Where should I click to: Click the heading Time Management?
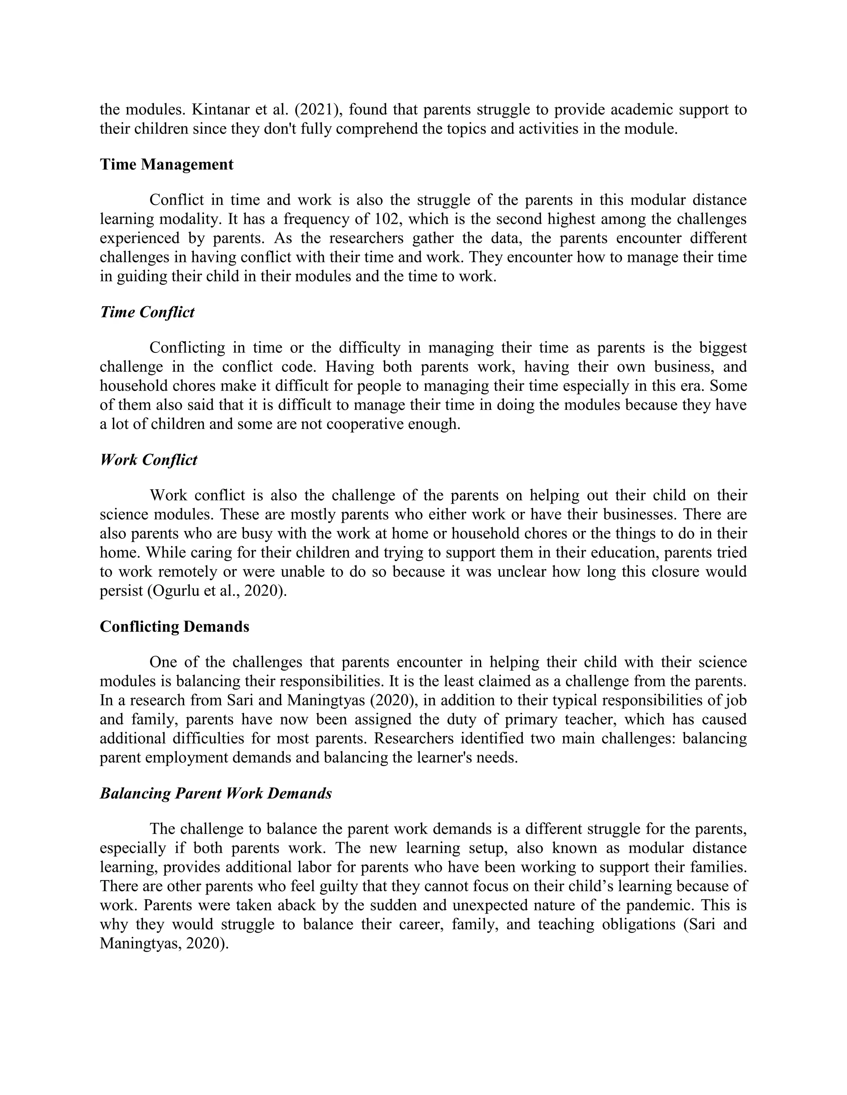[167, 164]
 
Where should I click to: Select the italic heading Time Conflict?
[147, 312]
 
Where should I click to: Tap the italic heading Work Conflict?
[148, 460]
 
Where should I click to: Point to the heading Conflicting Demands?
[174, 627]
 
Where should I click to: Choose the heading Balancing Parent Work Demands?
[216, 794]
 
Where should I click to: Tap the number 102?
[389, 219]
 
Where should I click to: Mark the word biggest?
[723, 348]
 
